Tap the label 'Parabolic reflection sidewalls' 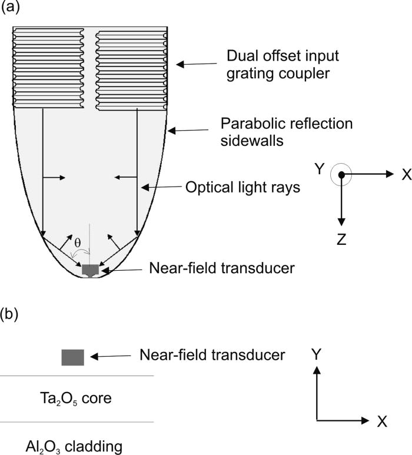click(x=286, y=132)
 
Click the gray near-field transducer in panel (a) click(x=90, y=270)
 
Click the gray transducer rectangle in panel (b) click(x=73, y=357)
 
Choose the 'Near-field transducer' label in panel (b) click(x=212, y=355)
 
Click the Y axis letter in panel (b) click(x=317, y=354)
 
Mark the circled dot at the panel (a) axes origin click(x=340, y=175)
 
